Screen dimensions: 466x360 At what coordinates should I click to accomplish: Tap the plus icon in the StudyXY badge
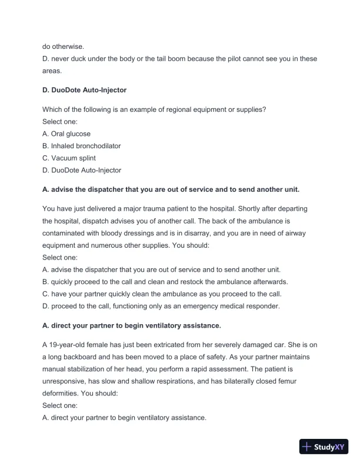[x=307, y=447]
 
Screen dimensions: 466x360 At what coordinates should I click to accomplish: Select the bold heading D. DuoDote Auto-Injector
[x=85, y=90]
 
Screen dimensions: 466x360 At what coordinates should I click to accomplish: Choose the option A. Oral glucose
[x=66, y=134]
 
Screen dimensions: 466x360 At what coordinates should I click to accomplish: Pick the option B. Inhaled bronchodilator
[x=82, y=146]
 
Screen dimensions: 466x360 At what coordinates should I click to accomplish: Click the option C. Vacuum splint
[x=69, y=158]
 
